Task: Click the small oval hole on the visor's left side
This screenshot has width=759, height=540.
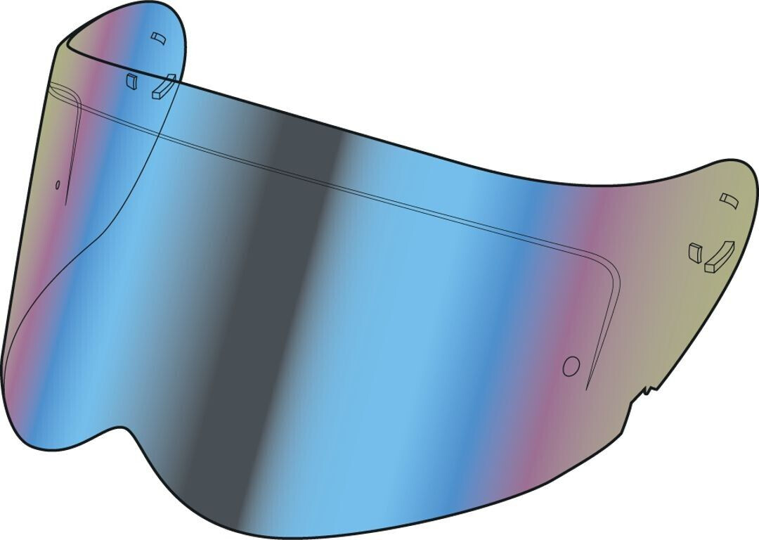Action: [x=58, y=184]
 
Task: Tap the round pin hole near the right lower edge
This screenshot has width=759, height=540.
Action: [x=571, y=366]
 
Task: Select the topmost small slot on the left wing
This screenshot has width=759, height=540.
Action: [x=157, y=36]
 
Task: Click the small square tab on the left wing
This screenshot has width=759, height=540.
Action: [x=129, y=81]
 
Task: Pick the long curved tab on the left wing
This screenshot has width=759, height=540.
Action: [x=163, y=86]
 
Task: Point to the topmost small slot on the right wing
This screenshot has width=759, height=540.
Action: [x=727, y=200]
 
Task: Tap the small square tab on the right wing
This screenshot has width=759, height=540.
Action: [x=695, y=251]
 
